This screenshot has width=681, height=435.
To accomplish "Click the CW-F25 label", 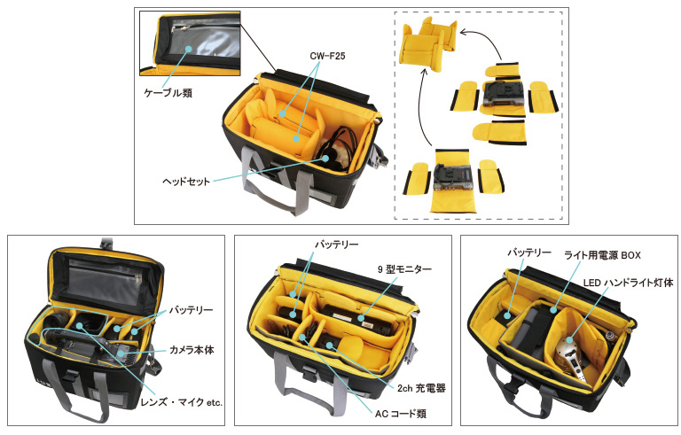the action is [327, 56].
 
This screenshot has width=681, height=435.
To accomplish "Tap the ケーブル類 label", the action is [168, 93].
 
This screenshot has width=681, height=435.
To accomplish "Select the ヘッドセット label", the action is [186, 181].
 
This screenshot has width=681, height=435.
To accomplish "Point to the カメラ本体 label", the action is [192, 349].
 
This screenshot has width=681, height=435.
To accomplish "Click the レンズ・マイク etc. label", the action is [181, 402].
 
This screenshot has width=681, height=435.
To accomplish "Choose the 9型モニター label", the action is [404, 269].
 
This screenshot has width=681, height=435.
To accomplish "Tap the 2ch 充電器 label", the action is [421, 388].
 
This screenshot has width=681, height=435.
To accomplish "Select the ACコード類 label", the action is [401, 414].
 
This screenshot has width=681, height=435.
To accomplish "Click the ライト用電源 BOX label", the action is [602, 255].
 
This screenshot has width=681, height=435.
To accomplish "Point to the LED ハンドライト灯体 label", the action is [628, 283].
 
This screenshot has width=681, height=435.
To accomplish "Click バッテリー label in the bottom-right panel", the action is [529, 252].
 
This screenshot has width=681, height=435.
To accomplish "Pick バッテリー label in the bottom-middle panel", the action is [337, 245].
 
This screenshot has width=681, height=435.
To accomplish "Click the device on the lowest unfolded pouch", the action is [451, 178].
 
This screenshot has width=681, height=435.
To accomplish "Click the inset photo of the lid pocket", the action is [190, 43].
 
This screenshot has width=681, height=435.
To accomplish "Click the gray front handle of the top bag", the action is [274, 183].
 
